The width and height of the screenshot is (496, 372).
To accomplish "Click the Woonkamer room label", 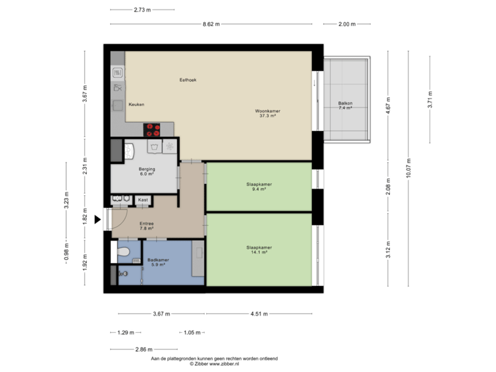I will [x=267, y=111].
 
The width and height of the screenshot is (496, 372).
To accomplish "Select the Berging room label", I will [x=146, y=169].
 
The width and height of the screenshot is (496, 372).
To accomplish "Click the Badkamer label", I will [x=158, y=260].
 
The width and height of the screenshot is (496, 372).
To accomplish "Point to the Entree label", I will [x=146, y=223].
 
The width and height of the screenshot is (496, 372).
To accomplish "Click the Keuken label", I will [x=136, y=104].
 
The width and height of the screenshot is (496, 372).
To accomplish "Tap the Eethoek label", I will [x=188, y=80].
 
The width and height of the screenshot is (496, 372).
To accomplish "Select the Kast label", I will [x=143, y=200].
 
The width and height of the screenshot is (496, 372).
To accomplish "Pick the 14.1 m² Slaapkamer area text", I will [x=260, y=252].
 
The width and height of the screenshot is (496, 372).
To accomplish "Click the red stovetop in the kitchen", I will [x=153, y=129].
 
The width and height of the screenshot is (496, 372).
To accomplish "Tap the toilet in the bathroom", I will [x=123, y=254].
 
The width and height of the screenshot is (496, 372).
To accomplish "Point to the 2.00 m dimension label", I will [x=347, y=24].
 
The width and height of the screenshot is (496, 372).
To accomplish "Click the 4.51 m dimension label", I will [x=260, y=314].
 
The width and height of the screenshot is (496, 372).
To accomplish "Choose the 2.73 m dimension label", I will [x=143, y=10].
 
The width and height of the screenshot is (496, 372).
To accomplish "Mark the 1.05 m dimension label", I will [x=193, y=333].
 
